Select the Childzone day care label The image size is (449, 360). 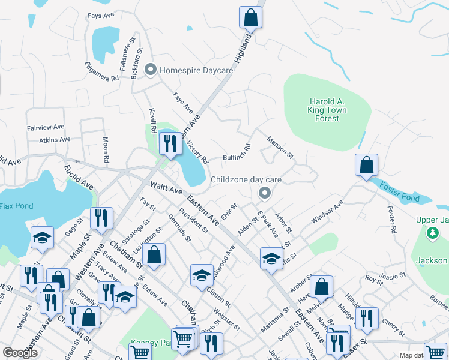(x=246, y=179)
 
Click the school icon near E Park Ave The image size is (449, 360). (x=271, y=258)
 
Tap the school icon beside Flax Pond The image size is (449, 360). (x=42, y=238)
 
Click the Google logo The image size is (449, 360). (x=20, y=353)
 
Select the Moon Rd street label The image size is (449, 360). (x=106, y=151)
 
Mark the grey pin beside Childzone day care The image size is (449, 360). (x=264, y=193)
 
